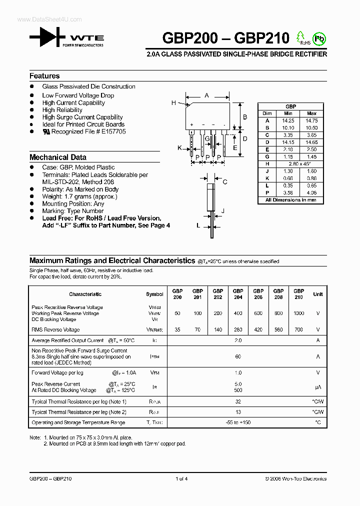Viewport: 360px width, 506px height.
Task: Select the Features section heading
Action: click(x=44, y=76)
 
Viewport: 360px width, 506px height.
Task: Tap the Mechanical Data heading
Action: click(x=58, y=157)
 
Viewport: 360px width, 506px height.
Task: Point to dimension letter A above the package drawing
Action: click(x=206, y=95)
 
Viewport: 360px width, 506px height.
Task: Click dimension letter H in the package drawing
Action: click(x=174, y=103)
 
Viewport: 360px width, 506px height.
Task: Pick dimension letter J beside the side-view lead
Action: click(x=222, y=211)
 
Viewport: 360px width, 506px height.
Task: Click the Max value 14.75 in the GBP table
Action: click(x=312, y=120)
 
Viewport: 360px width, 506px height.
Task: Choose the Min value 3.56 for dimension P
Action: click(x=288, y=192)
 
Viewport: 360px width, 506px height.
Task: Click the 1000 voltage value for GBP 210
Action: click(x=298, y=313)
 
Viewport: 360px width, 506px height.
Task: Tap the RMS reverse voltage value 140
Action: click(x=218, y=330)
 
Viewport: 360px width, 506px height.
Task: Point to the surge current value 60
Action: click(x=238, y=357)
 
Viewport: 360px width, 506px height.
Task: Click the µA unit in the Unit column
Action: click(x=318, y=387)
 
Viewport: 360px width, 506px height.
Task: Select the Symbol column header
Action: click(x=154, y=294)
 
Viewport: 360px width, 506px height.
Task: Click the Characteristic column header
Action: click(x=85, y=294)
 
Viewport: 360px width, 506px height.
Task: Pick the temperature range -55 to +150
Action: click(x=238, y=423)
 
